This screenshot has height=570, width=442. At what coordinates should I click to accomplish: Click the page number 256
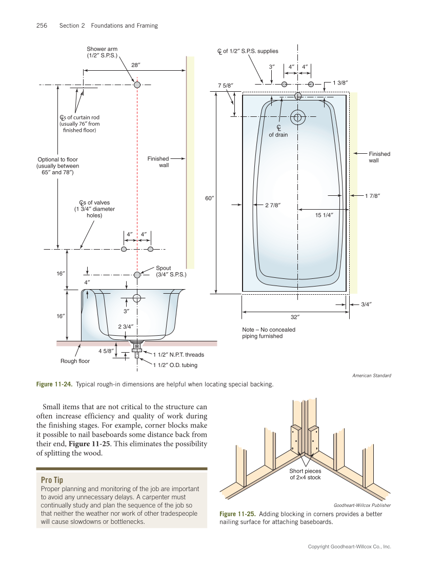42,26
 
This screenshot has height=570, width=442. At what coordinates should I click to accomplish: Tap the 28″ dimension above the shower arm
136,65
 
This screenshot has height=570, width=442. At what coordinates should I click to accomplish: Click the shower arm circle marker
137,85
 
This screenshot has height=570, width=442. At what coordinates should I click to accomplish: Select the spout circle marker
137,275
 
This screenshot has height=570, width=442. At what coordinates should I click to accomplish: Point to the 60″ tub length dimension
209,198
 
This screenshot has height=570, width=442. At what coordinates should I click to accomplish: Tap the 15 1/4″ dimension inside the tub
324,215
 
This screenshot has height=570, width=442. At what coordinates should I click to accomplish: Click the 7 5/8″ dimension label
226,85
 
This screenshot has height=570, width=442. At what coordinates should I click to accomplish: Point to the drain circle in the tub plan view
297,117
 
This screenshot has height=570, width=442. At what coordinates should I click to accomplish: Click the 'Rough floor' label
75,361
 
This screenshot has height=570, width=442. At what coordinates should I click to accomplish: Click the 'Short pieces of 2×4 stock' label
305,474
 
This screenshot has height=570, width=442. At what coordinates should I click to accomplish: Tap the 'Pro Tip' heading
52,480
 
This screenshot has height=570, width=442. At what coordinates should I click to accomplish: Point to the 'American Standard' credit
371,376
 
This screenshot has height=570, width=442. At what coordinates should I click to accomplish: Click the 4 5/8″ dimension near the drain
106,351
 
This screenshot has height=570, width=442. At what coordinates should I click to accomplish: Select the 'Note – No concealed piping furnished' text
269,333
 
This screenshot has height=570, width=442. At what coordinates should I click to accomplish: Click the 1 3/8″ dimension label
341,83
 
